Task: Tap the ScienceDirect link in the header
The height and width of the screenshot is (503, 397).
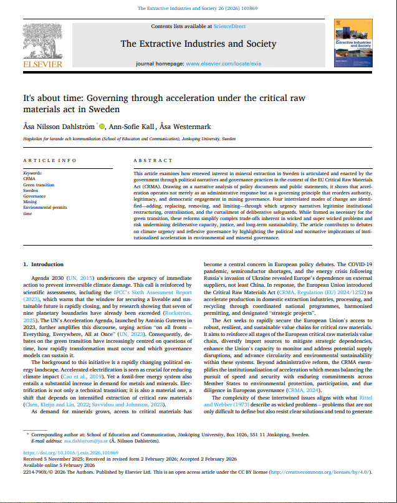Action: click(229, 26)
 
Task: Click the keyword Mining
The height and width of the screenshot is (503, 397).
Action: click(30, 202)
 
